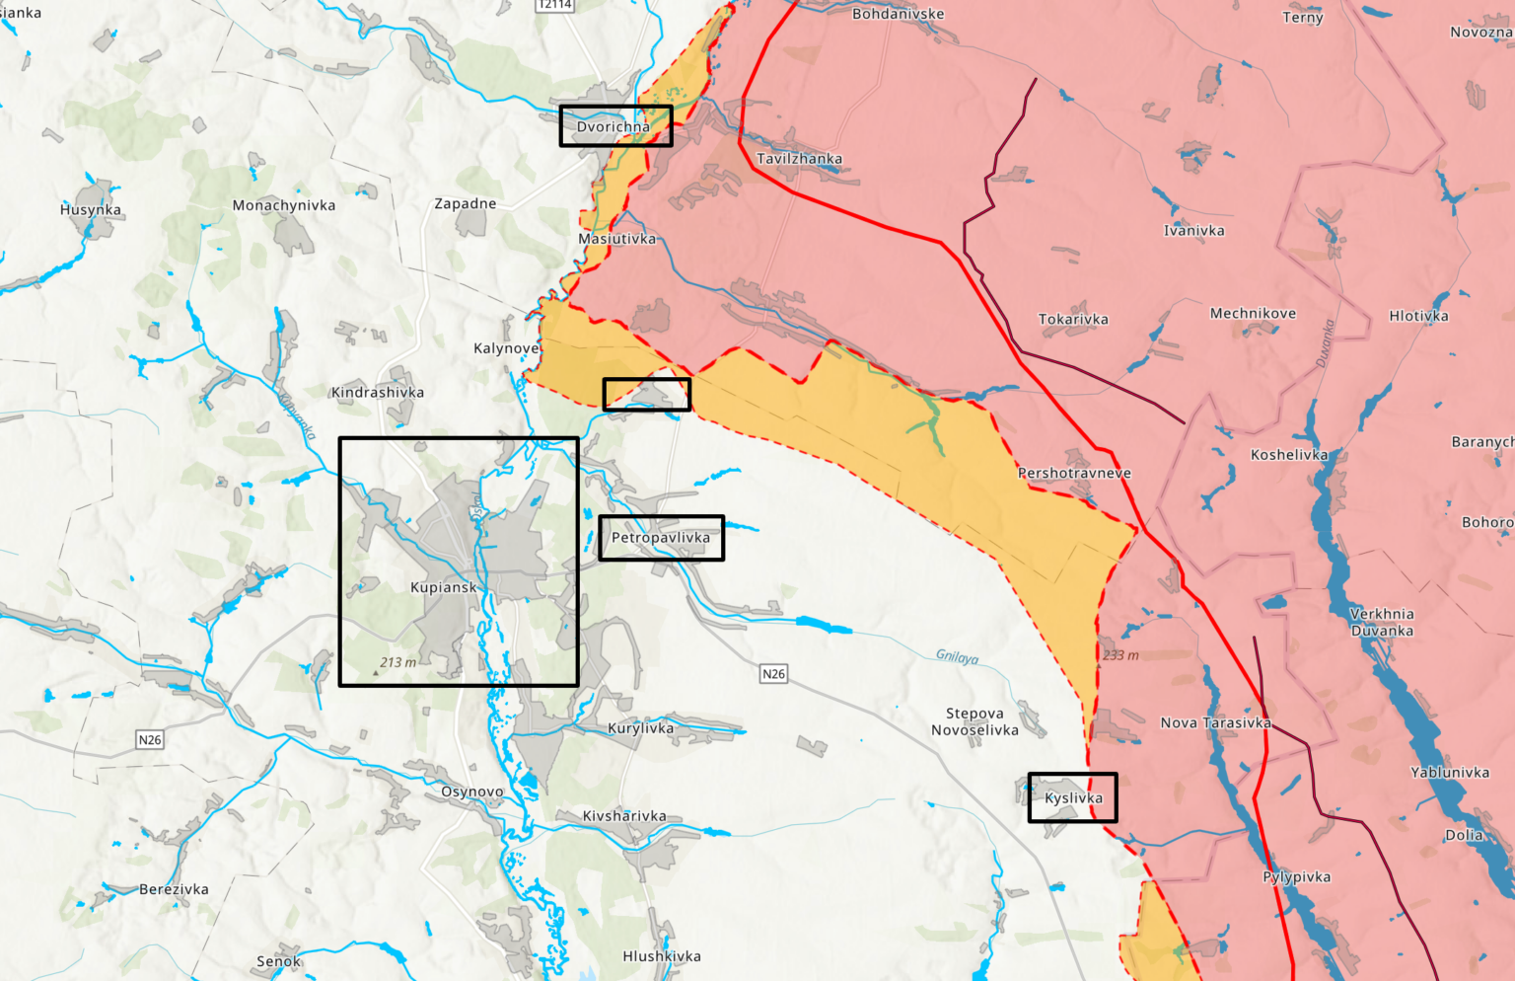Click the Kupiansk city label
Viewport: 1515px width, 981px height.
point(443,587)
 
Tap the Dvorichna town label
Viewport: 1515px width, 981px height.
point(613,126)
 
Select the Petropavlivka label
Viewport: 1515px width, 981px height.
point(660,538)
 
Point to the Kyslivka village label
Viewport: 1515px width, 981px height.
point(1073,797)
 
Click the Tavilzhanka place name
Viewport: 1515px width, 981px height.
point(799,159)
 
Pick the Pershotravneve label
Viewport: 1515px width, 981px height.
point(1074,473)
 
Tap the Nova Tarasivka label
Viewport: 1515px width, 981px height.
point(1215,722)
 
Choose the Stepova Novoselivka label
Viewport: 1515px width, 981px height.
point(974,721)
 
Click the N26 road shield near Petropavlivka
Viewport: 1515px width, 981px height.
point(773,674)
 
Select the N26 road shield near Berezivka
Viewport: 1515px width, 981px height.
point(149,739)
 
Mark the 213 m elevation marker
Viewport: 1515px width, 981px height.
point(397,662)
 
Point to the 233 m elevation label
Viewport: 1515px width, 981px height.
point(1120,655)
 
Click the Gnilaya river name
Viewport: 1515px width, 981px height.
point(957,656)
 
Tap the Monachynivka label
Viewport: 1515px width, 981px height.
point(284,205)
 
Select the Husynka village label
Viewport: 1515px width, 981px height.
point(91,209)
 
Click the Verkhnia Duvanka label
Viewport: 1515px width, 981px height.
point(1382,622)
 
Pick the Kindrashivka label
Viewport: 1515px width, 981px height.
point(378,392)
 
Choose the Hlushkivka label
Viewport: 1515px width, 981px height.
point(662,955)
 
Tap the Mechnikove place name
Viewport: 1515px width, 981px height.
point(1253,313)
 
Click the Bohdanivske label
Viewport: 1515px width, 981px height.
point(898,14)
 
